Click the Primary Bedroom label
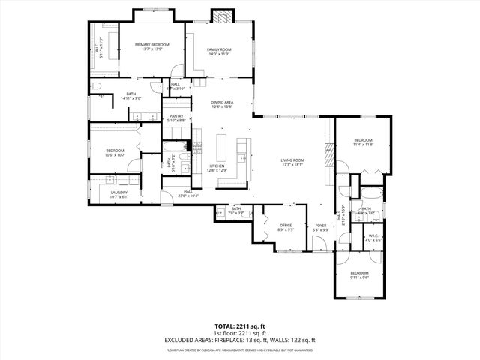pyautogui.click(x=151, y=45)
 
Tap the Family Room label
pyautogui.click(x=219, y=49)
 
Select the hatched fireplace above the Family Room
pyautogui.click(x=220, y=16)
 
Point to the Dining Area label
pyautogui.click(x=221, y=102)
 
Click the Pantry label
pyautogui.click(x=176, y=116)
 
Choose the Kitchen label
pyautogui.click(x=217, y=166)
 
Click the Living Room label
pyautogui.click(x=292, y=160)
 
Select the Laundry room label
pyautogui.click(x=118, y=193)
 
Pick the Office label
pyautogui.click(x=286, y=225)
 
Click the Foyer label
pyautogui.click(x=321, y=225)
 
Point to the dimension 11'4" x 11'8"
pyautogui.click(x=363, y=145)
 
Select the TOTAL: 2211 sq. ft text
pyautogui.click(x=239, y=326)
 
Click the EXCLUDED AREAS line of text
pyautogui.click(x=239, y=340)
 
